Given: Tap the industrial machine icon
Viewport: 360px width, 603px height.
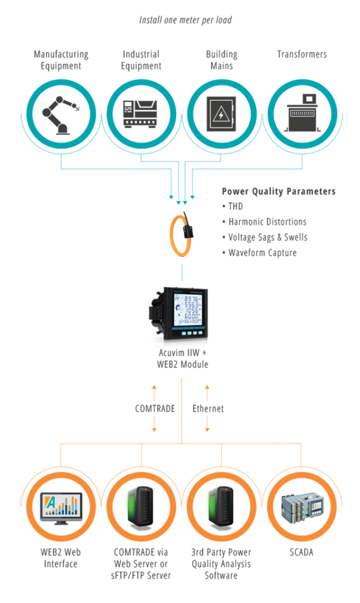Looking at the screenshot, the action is tap(140, 114).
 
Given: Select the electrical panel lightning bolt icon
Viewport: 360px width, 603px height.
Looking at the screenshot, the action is tap(221, 114).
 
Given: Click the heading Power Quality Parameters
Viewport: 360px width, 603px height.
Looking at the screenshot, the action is tap(279, 191).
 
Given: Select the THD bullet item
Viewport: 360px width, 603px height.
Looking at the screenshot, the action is tap(232, 207).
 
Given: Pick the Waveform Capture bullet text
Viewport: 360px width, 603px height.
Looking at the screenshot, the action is tap(259, 253).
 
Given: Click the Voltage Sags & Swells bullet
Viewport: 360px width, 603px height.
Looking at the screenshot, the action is tap(265, 237).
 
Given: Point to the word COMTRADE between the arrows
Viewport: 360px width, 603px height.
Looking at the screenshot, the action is tap(155, 409).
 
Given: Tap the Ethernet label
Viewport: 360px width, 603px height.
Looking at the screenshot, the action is tap(208, 409).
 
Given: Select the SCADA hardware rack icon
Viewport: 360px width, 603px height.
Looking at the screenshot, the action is tap(302, 507).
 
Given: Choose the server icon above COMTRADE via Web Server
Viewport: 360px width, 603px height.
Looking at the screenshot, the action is tap(140, 506).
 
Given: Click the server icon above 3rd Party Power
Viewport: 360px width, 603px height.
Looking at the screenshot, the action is tap(221, 506).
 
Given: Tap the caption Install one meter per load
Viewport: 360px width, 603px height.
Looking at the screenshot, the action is tap(186, 20).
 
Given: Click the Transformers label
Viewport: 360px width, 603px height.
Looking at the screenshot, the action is tap(302, 54).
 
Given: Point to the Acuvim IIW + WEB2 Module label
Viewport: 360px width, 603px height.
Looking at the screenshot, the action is tap(183, 359).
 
